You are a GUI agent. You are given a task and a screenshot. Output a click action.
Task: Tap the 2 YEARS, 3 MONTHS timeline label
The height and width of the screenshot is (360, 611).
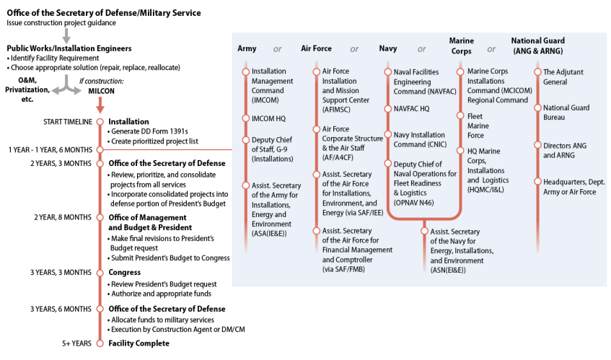pos(61,163)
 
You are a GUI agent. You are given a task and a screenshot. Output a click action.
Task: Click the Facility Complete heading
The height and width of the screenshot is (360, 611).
pos(139,343)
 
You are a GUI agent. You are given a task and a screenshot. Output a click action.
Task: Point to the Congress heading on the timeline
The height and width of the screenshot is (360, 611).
pos(124,272)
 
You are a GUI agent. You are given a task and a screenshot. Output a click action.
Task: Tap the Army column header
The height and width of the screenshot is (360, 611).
pos(247,49)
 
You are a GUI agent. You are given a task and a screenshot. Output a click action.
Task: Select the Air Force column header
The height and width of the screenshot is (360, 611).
pos(316,49)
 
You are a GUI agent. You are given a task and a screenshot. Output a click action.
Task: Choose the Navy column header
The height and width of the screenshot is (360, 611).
pos(388,49)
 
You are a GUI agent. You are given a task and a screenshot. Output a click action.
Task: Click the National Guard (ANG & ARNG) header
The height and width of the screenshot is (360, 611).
pos(538,45)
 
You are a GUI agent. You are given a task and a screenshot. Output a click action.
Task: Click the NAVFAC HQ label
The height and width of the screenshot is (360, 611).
pos(411,108)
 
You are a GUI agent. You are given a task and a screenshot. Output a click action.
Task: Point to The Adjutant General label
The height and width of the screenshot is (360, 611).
pos(563,76)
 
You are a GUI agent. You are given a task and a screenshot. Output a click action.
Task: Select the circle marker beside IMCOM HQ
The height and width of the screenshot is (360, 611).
pos(246,117)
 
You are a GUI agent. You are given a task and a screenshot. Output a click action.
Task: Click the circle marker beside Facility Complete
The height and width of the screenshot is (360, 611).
pos(100,343)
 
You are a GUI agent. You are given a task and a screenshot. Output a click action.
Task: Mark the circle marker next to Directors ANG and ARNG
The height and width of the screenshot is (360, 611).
pos(536,146)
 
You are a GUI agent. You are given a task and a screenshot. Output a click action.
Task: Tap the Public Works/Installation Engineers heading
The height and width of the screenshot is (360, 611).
pos(69,48)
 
